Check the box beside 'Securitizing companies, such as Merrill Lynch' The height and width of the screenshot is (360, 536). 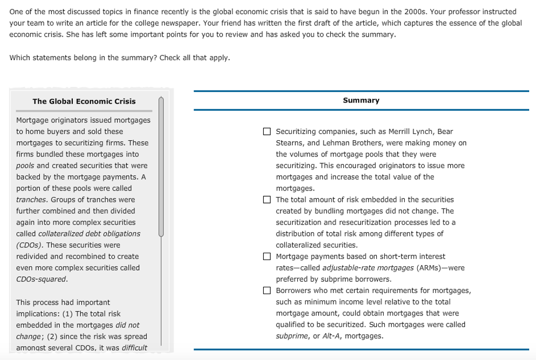pos(267,131)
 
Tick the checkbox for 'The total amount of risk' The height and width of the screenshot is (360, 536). pos(267,199)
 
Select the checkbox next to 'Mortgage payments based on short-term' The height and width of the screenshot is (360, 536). pos(267,256)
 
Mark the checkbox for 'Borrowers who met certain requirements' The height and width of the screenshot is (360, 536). pos(267,290)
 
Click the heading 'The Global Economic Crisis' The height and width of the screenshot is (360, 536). pos(84,102)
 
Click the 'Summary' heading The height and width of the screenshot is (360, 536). pos(361,100)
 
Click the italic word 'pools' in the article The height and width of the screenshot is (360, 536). pos(25,166)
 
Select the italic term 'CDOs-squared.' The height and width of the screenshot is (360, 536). pos(42,279)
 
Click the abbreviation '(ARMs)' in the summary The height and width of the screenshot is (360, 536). pos(428,268)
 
